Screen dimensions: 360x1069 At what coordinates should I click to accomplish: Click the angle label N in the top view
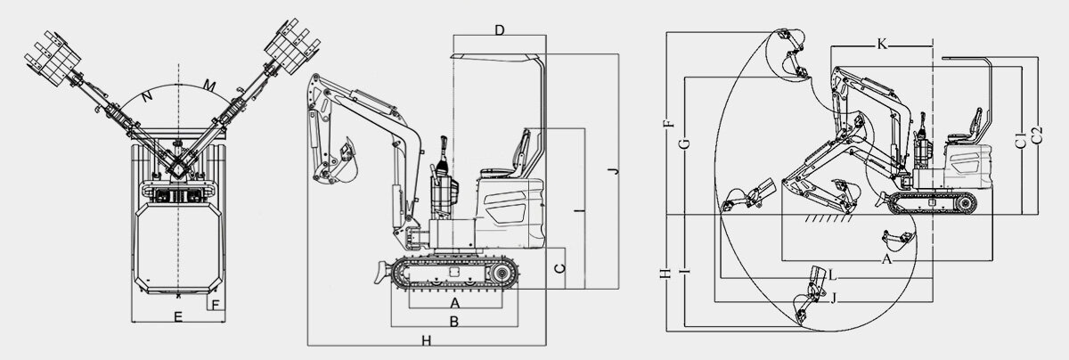[x=145, y=94]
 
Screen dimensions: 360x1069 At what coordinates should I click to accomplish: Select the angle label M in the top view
[x=209, y=86]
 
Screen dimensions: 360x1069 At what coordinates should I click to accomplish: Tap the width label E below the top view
[x=177, y=316]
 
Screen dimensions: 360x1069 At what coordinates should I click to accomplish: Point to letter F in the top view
[x=215, y=305]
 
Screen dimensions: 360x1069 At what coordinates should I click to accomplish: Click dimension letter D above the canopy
[x=500, y=30]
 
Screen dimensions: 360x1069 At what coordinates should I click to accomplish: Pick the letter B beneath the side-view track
[x=453, y=321]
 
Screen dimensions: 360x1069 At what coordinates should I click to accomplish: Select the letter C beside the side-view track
[x=557, y=267]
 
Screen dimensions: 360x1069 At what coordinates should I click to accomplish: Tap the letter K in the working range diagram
[x=882, y=44]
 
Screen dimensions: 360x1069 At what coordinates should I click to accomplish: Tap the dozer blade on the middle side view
[x=379, y=269]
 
